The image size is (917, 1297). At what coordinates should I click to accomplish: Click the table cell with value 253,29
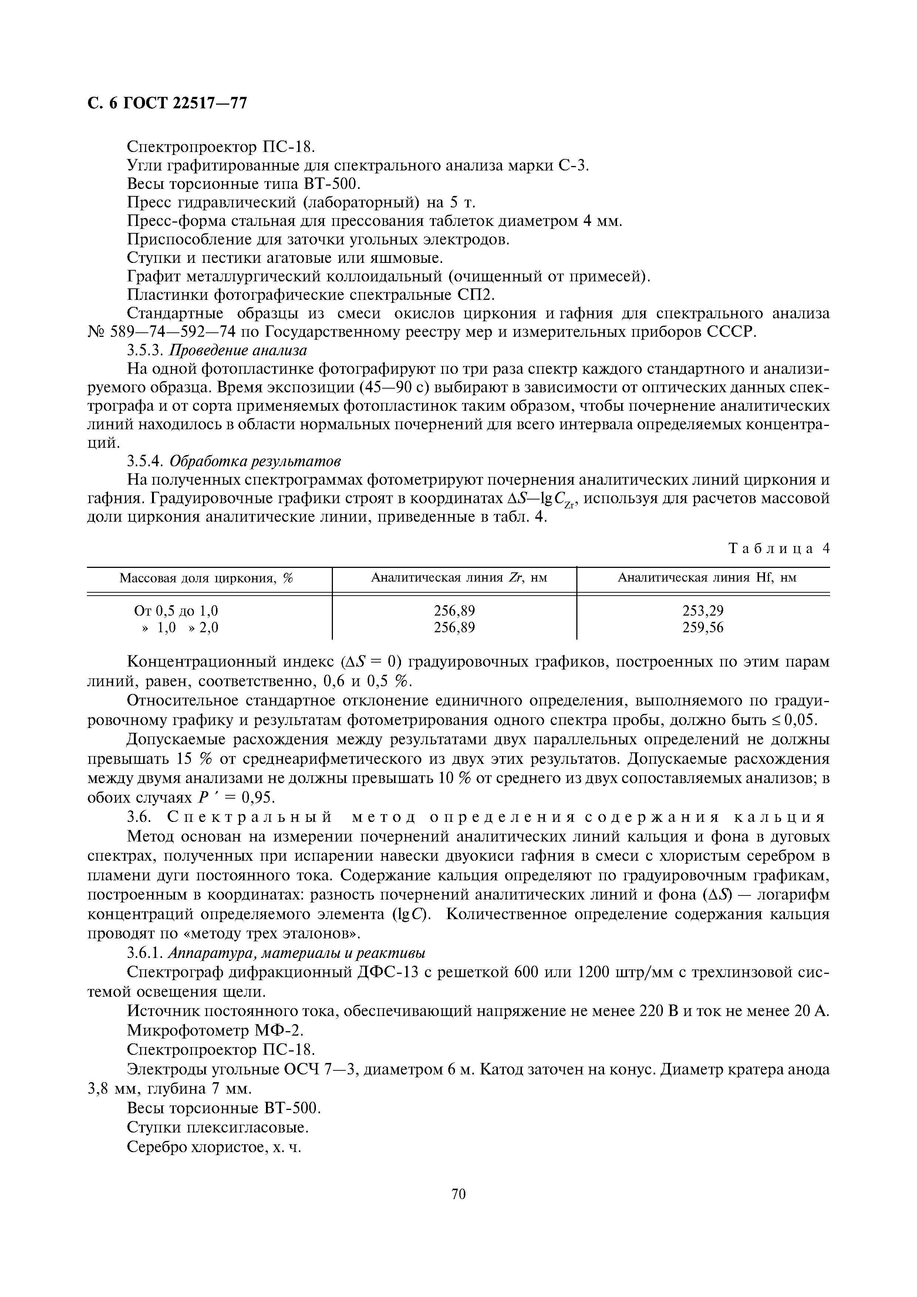coord(703,611)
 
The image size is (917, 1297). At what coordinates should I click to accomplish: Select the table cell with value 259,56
coord(703,627)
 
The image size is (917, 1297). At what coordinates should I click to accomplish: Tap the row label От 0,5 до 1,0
coord(176,611)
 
